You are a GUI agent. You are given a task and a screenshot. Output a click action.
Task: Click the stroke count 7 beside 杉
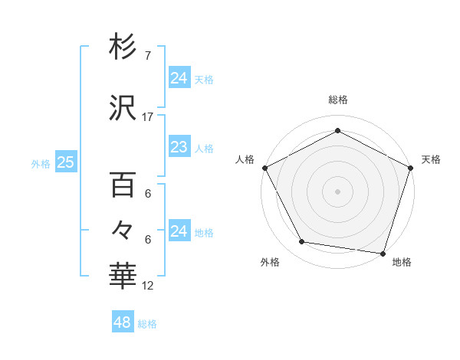pyautogui.click(x=148, y=55)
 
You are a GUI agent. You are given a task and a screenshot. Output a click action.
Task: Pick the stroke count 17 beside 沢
pyautogui.click(x=148, y=116)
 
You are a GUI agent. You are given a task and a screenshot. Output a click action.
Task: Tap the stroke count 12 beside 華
pyautogui.click(x=148, y=286)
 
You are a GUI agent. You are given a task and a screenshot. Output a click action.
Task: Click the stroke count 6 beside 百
pyautogui.click(x=148, y=194)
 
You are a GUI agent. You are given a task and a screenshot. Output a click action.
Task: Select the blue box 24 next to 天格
pyautogui.click(x=179, y=77)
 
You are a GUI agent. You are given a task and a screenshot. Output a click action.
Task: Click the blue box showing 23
pyautogui.click(x=179, y=147)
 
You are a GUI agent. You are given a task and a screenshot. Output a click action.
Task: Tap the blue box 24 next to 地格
pyautogui.click(x=179, y=231)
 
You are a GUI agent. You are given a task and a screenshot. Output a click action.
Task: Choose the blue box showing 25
pyautogui.click(x=65, y=162)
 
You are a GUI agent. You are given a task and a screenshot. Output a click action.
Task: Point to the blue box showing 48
pyautogui.click(x=123, y=322)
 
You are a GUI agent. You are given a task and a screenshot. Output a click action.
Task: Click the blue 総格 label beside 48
pyautogui.click(x=147, y=324)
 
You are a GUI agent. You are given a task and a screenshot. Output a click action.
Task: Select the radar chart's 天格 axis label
pyautogui.click(x=431, y=159)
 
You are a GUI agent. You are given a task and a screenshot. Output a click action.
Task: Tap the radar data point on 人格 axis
pyautogui.click(x=264, y=168)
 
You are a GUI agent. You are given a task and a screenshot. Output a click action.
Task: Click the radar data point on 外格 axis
pyautogui.click(x=302, y=242)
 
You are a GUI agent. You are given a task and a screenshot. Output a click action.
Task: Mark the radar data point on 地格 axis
pyautogui.click(x=383, y=253)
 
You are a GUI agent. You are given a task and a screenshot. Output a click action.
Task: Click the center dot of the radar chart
pyautogui.click(x=337, y=191)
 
